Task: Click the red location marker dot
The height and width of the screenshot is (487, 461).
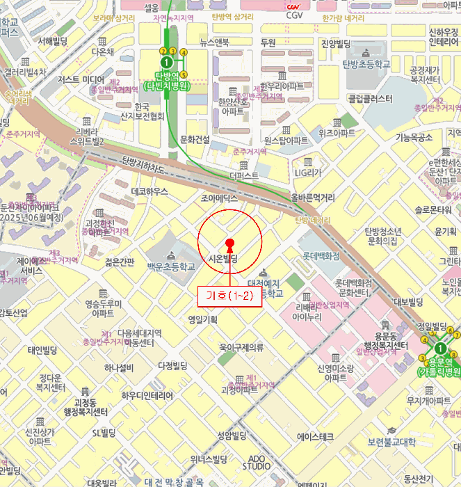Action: (x=229, y=243)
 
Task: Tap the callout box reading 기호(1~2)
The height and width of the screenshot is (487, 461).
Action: (x=229, y=296)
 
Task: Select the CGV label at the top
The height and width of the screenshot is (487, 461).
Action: (x=295, y=15)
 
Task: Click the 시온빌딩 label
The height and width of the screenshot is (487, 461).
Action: (x=223, y=259)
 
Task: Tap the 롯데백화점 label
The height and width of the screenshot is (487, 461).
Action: (x=320, y=256)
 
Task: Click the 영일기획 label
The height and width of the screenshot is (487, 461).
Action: (x=203, y=320)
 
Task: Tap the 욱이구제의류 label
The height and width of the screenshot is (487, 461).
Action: (x=241, y=346)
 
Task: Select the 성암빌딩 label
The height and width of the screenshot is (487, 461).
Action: (x=232, y=436)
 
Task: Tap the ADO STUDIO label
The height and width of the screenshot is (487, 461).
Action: (x=257, y=462)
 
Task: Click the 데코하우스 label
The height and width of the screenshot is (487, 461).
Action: (x=149, y=191)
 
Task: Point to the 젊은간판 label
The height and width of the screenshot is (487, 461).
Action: (x=119, y=262)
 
